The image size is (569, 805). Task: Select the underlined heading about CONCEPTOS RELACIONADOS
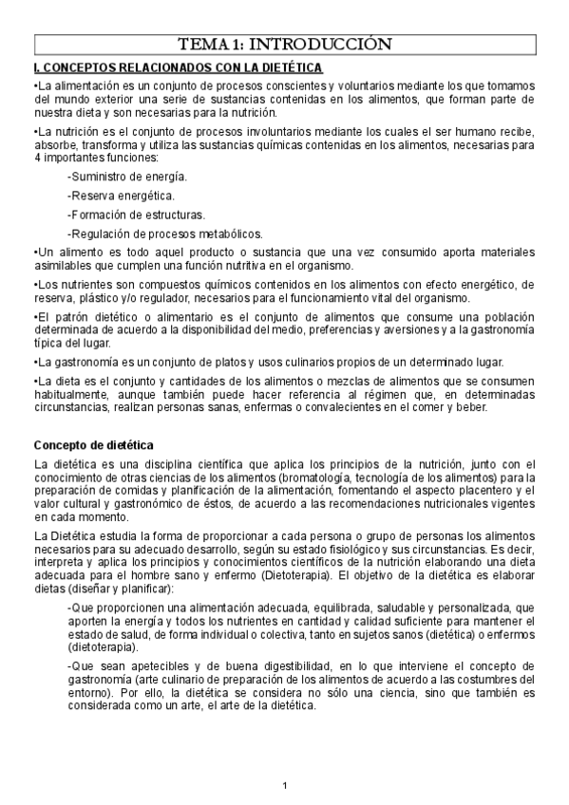pos(178,67)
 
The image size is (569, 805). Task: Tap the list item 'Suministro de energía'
pos(126,177)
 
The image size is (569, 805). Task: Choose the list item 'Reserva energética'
pos(121,196)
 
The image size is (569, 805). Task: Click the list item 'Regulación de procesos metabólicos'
pos(164,234)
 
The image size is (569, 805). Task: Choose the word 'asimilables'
pos(63,268)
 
